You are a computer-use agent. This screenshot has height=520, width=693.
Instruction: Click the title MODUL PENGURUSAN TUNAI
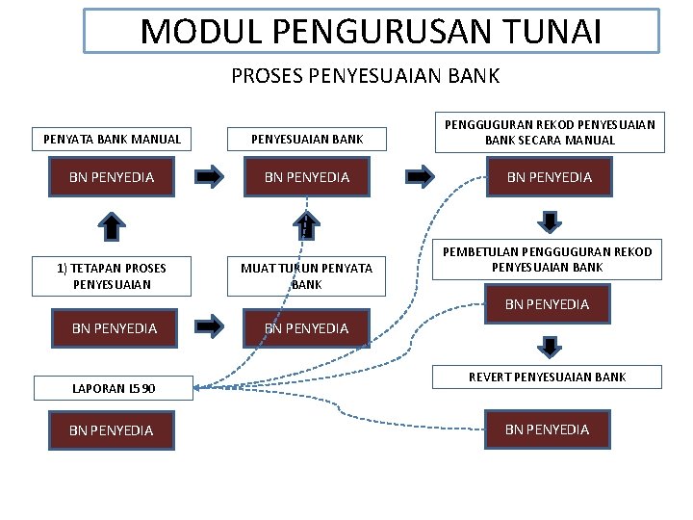pyautogui.click(x=372, y=31)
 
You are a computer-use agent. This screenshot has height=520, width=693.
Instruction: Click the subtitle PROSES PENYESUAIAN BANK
pyautogui.click(x=366, y=74)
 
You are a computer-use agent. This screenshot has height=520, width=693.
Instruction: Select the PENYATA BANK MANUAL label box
pyautogui.click(x=112, y=139)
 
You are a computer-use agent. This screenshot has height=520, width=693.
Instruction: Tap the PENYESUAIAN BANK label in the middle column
pyautogui.click(x=307, y=139)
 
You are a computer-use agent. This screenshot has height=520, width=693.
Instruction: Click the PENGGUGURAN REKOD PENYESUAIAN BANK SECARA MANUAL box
pyautogui.click(x=549, y=132)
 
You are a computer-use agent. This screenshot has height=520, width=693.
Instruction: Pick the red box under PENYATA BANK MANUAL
pyautogui.click(x=112, y=177)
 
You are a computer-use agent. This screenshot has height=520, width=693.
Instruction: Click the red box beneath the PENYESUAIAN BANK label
pyautogui.click(x=307, y=177)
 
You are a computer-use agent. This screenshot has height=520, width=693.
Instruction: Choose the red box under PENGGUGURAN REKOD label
pyautogui.click(x=549, y=177)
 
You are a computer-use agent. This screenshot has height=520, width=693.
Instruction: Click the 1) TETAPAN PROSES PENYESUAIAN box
pyautogui.click(x=112, y=276)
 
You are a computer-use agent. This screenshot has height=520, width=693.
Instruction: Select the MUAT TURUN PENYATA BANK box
pyautogui.click(x=307, y=276)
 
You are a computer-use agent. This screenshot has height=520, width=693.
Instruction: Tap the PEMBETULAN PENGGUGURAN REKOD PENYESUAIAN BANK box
pyautogui.click(x=548, y=259)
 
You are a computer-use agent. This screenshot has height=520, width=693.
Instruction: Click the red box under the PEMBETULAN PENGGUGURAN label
pyautogui.click(x=548, y=304)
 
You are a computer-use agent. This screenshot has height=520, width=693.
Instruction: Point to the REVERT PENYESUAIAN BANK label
pyautogui.click(x=548, y=377)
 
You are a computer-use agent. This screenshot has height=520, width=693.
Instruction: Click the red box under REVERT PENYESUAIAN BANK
pyautogui.click(x=548, y=429)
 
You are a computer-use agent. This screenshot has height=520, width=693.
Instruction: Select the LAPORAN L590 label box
pyautogui.click(x=112, y=389)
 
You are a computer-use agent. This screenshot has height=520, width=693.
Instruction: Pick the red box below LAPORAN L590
pyautogui.click(x=112, y=429)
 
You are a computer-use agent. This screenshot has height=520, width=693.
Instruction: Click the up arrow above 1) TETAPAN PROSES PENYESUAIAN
pyautogui.click(x=113, y=227)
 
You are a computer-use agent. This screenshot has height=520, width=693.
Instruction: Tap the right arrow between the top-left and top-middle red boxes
pyautogui.click(x=210, y=177)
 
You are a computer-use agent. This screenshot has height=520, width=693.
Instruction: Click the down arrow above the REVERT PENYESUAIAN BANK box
pyautogui.click(x=549, y=345)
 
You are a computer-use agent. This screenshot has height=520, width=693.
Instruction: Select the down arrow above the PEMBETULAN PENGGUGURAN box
pyautogui.click(x=549, y=221)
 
